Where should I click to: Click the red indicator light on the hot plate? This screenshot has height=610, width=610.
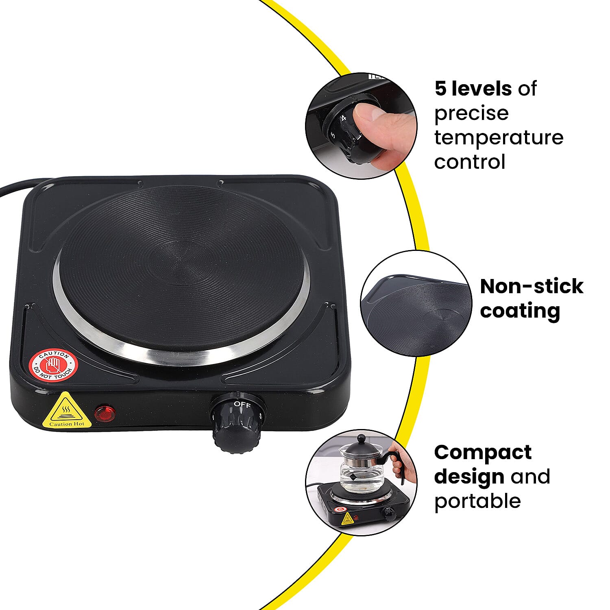(105, 413)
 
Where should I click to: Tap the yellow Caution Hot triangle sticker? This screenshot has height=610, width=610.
(67, 411)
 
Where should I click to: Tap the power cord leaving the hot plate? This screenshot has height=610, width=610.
(16, 187)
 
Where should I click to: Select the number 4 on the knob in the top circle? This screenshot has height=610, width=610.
(344, 118)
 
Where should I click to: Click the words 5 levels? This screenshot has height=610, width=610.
(473, 89)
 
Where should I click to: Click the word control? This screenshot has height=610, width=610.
(469, 162)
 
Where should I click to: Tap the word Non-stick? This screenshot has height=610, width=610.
(531, 286)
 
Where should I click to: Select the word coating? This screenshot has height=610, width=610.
(520, 311)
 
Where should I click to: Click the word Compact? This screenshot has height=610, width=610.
(483, 452)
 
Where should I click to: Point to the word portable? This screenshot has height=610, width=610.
(477, 501)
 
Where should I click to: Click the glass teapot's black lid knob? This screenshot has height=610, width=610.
(360, 438)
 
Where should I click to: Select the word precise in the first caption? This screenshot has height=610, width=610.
(471, 113)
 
